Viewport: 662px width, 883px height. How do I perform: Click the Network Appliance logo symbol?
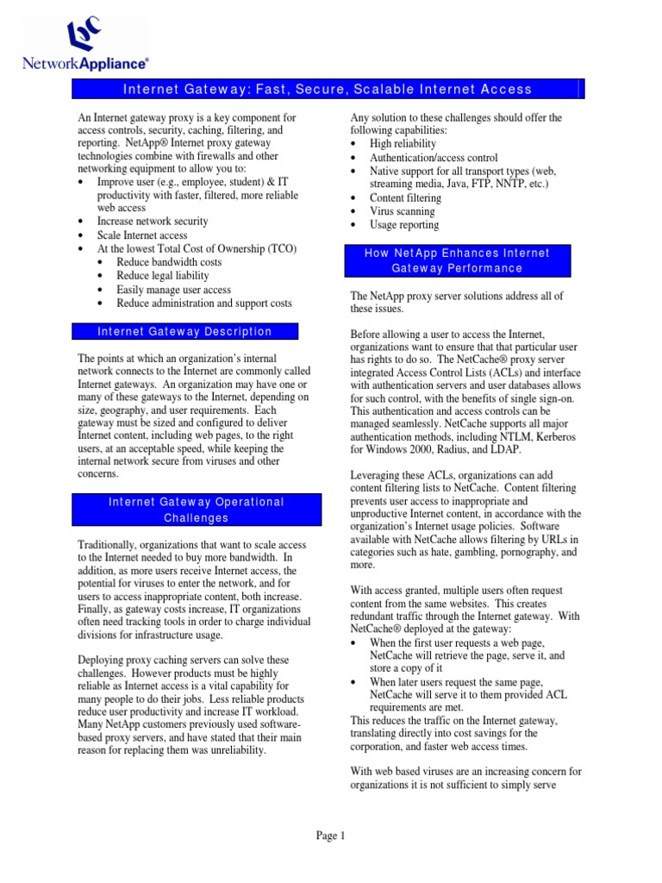[x=86, y=36]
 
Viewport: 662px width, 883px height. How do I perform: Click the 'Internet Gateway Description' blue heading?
[x=184, y=332]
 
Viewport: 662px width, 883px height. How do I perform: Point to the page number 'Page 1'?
[x=330, y=835]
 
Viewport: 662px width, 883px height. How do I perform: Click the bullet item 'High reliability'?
[x=403, y=144]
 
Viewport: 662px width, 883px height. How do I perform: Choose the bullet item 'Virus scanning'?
[x=402, y=211]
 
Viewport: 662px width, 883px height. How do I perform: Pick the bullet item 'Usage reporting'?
[x=404, y=225]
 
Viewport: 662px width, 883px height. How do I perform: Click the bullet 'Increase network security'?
[x=153, y=222]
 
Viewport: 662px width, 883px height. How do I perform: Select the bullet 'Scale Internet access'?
[x=142, y=235]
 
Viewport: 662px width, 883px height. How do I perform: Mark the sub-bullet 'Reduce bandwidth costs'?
[x=169, y=262]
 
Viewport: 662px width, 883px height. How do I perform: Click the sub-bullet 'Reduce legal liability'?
[x=163, y=276]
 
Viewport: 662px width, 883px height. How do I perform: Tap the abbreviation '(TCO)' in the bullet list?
[x=280, y=248]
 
